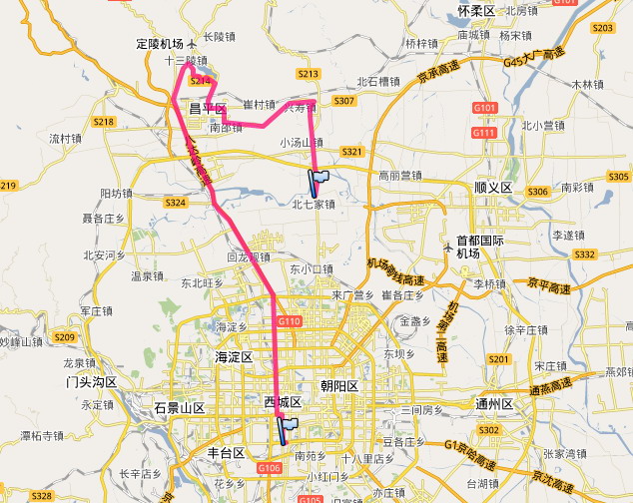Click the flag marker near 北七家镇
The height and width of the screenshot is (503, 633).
317,182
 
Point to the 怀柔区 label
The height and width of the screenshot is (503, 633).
476,11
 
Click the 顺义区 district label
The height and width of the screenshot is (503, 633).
492,188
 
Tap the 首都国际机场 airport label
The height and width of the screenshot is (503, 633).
479,247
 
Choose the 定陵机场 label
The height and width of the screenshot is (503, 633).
160,45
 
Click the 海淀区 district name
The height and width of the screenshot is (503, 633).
234,356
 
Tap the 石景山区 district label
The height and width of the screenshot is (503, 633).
180,408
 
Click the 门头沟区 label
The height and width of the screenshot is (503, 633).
91,382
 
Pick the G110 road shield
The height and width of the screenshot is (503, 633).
289,321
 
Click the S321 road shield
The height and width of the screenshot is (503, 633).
351,152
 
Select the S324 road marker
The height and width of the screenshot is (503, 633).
175,203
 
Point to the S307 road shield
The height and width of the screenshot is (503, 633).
344,101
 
